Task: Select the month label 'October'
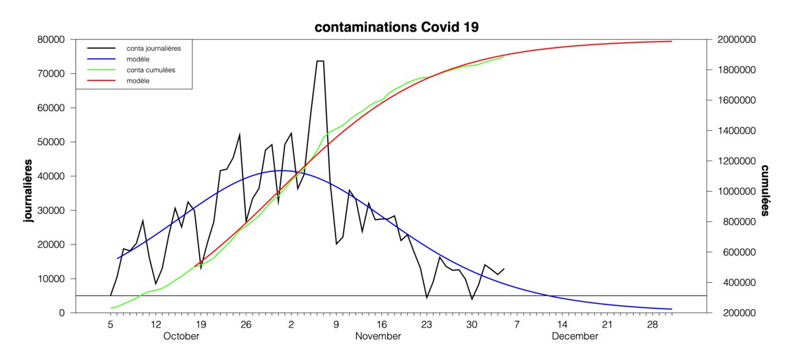click(180, 336)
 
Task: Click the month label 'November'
click(378, 336)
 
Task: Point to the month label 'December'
click(574, 336)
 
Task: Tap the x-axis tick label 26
click(246, 325)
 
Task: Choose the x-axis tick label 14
click(562, 325)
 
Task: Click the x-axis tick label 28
click(652, 325)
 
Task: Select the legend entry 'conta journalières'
click(153, 48)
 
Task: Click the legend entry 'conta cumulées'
click(150, 69)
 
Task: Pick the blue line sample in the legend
click(100, 59)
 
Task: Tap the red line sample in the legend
click(100, 81)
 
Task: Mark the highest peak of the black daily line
click(320, 61)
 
